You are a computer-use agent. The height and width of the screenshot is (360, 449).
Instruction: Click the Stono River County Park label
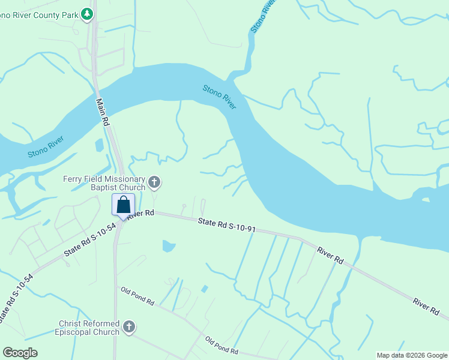[38, 14]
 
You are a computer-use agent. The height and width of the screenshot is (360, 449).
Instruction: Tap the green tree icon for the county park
[87, 13]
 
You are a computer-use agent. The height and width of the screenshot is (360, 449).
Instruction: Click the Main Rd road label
[103, 112]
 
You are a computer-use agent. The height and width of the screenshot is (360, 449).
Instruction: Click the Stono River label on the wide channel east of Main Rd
[219, 97]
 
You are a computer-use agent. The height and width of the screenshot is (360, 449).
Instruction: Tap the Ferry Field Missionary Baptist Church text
[104, 184]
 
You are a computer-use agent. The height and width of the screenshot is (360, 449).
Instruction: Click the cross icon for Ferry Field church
[154, 181]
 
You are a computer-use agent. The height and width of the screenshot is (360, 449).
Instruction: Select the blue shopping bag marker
[123, 205]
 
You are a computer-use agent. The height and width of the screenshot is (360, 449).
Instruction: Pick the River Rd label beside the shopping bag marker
[142, 214]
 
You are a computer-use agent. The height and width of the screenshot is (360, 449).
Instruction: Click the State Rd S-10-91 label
[228, 226]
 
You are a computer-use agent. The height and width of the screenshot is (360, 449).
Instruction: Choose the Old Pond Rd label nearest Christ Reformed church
[137, 298]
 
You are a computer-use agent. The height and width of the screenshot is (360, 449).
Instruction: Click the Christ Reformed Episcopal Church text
[88, 328]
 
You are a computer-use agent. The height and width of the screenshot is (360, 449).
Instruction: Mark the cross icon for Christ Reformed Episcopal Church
[128, 327]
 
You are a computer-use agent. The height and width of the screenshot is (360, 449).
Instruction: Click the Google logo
[20, 353]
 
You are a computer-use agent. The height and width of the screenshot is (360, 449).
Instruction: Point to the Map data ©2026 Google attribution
[411, 355]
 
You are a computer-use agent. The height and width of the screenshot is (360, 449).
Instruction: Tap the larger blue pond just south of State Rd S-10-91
[169, 245]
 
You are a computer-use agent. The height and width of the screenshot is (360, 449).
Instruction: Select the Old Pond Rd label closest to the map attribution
[221, 346]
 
